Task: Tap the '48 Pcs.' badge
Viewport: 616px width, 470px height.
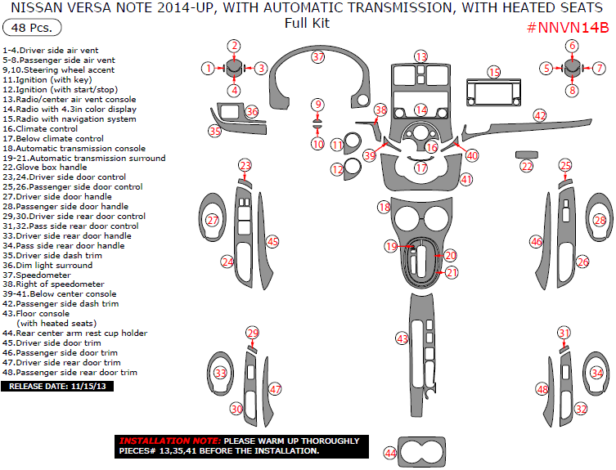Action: click(x=28, y=29)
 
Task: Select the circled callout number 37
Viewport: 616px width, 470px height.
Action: click(x=318, y=57)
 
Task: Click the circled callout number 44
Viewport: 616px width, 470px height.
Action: click(x=390, y=453)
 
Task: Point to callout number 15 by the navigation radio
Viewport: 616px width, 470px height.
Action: click(x=494, y=73)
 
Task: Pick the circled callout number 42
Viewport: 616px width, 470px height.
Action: click(x=540, y=116)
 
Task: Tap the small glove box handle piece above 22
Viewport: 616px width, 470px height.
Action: click(x=526, y=154)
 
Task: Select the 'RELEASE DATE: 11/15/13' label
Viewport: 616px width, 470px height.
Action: click(x=56, y=386)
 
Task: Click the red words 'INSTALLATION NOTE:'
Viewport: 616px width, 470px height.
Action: click(x=169, y=440)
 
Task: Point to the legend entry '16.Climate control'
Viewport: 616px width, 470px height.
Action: click(x=40, y=128)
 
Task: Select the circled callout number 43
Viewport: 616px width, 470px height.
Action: click(x=402, y=338)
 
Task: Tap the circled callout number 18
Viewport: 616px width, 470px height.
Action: click(x=384, y=208)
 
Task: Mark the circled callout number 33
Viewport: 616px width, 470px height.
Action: click(x=220, y=373)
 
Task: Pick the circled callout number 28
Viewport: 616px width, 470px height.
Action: click(x=600, y=220)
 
